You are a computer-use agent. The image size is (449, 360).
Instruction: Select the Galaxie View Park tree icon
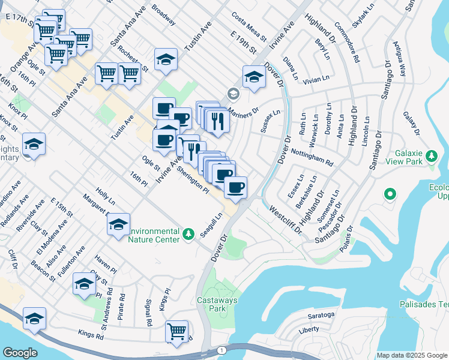tap(431, 157)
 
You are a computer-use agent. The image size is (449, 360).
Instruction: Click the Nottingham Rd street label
tap(312, 155)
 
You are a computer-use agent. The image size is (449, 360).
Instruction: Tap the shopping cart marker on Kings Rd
tap(176, 331)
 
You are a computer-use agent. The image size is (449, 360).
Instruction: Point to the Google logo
tap(20, 352)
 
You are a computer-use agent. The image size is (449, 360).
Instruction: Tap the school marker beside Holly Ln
tap(119, 224)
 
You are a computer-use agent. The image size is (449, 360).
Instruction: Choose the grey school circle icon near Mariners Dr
tap(233, 94)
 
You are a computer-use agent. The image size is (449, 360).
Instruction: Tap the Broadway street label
tap(163, 15)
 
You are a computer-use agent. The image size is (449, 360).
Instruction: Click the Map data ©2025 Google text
tap(411, 355)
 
